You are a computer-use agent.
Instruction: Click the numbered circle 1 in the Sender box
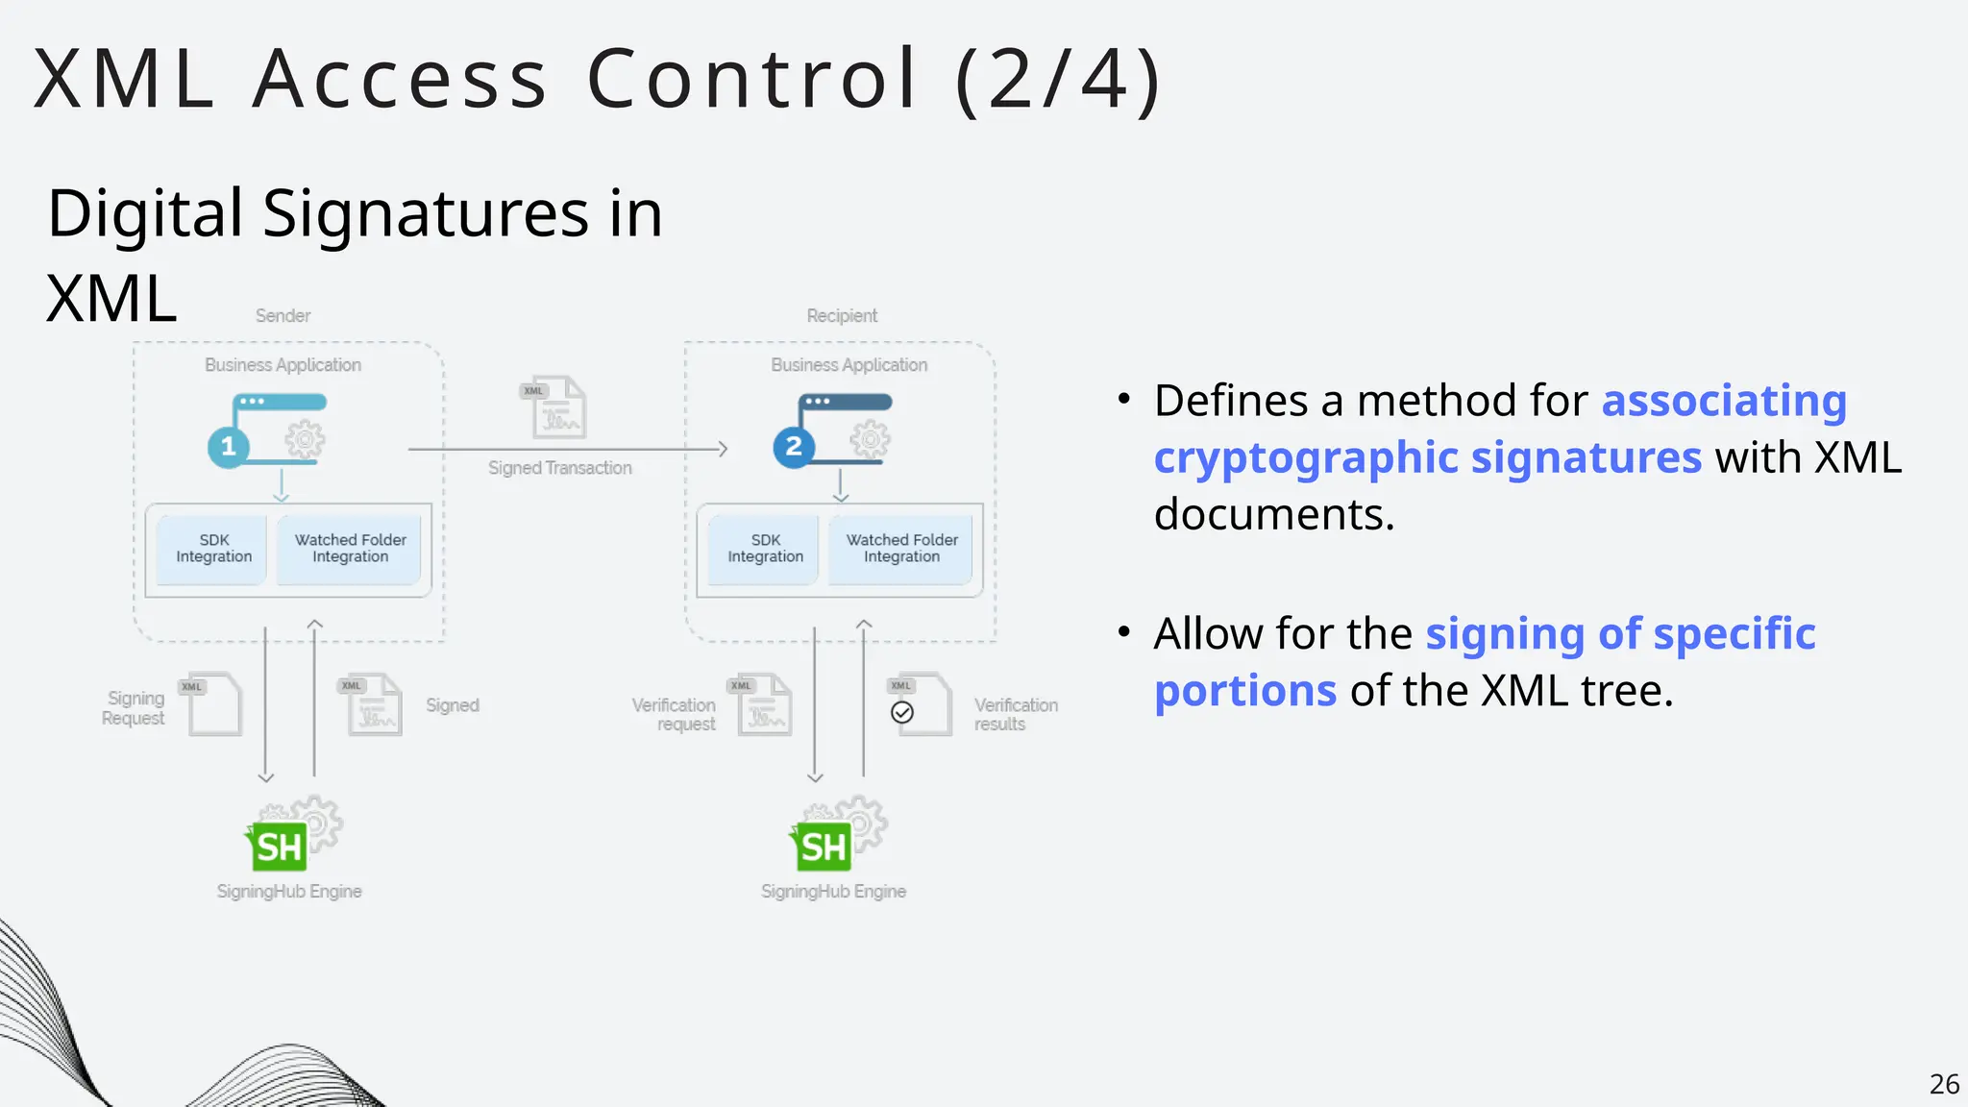pyautogui.click(x=229, y=447)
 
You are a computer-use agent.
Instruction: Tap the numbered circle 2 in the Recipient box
pyautogui.click(x=794, y=447)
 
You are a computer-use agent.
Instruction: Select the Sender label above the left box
pyautogui.click(x=283, y=316)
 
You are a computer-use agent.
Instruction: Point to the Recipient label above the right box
pyautogui.click(x=842, y=316)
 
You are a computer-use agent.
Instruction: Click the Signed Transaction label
pyautogui.click(x=559, y=468)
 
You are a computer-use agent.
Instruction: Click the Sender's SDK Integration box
pyautogui.click(x=213, y=549)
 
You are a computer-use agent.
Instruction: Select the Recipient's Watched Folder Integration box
pyautogui.click(x=901, y=549)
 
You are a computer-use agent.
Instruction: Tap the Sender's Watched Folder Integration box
pyautogui.click(x=350, y=549)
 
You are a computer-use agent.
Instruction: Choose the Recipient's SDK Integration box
pyautogui.click(x=765, y=549)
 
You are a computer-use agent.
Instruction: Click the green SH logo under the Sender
pyautogui.click(x=278, y=846)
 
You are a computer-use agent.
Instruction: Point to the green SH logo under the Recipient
pyautogui.click(x=823, y=846)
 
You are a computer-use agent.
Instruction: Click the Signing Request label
pyautogui.click(x=134, y=708)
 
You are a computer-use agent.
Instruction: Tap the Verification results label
pyautogui.click(x=1015, y=715)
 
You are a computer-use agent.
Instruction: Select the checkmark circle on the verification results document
pyautogui.click(x=902, y=712)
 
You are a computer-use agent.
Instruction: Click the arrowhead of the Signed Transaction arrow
pyautogui.click(x=723, y=449)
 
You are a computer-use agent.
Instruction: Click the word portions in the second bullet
pyautogui.click(x=1245, y=691)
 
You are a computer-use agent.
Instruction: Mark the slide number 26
pyautogui.click(x=1944, y=1084)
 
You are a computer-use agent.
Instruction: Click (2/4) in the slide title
pyautogui.click(x=1059, y=79)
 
